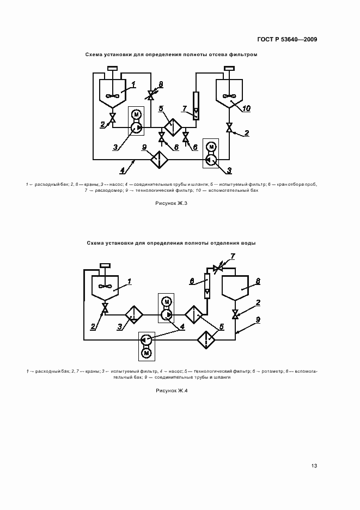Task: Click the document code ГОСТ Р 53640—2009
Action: coord(286,39)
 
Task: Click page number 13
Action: coord(314,466)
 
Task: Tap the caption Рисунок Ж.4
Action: coord(172,391)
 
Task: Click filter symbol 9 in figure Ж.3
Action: coord(160,160)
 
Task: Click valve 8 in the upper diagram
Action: coord(151,95)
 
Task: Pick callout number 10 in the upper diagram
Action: coord(246,108)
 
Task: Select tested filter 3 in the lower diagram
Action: coord(134,315)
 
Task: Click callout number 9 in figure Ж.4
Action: coord(258,319)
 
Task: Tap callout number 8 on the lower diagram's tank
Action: coord(258,281)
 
